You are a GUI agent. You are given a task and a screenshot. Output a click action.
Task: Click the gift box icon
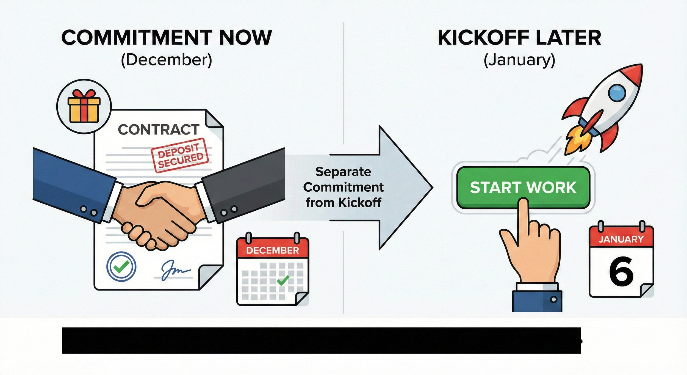pos(84,106)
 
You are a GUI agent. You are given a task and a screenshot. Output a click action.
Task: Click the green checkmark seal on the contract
pos(121,266)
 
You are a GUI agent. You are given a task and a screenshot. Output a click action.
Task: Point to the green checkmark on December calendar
pos(283,280)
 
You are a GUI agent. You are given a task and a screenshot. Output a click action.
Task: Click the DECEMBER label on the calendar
pos(272,250)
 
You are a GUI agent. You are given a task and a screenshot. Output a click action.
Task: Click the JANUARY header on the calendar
pos(621,239)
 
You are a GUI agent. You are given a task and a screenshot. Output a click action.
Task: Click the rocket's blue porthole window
pos(617,93)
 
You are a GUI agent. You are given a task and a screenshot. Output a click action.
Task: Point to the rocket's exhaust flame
pos(576,142)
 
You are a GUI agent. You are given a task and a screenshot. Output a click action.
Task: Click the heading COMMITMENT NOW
pos(167,38)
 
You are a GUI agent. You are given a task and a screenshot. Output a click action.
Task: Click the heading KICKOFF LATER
pos(519,38)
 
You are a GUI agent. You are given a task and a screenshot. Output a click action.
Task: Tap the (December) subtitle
pos(167,60)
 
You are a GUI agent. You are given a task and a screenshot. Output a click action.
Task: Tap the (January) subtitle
pos(519,60)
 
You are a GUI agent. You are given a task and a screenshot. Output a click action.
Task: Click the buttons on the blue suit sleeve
pos(88,211)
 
